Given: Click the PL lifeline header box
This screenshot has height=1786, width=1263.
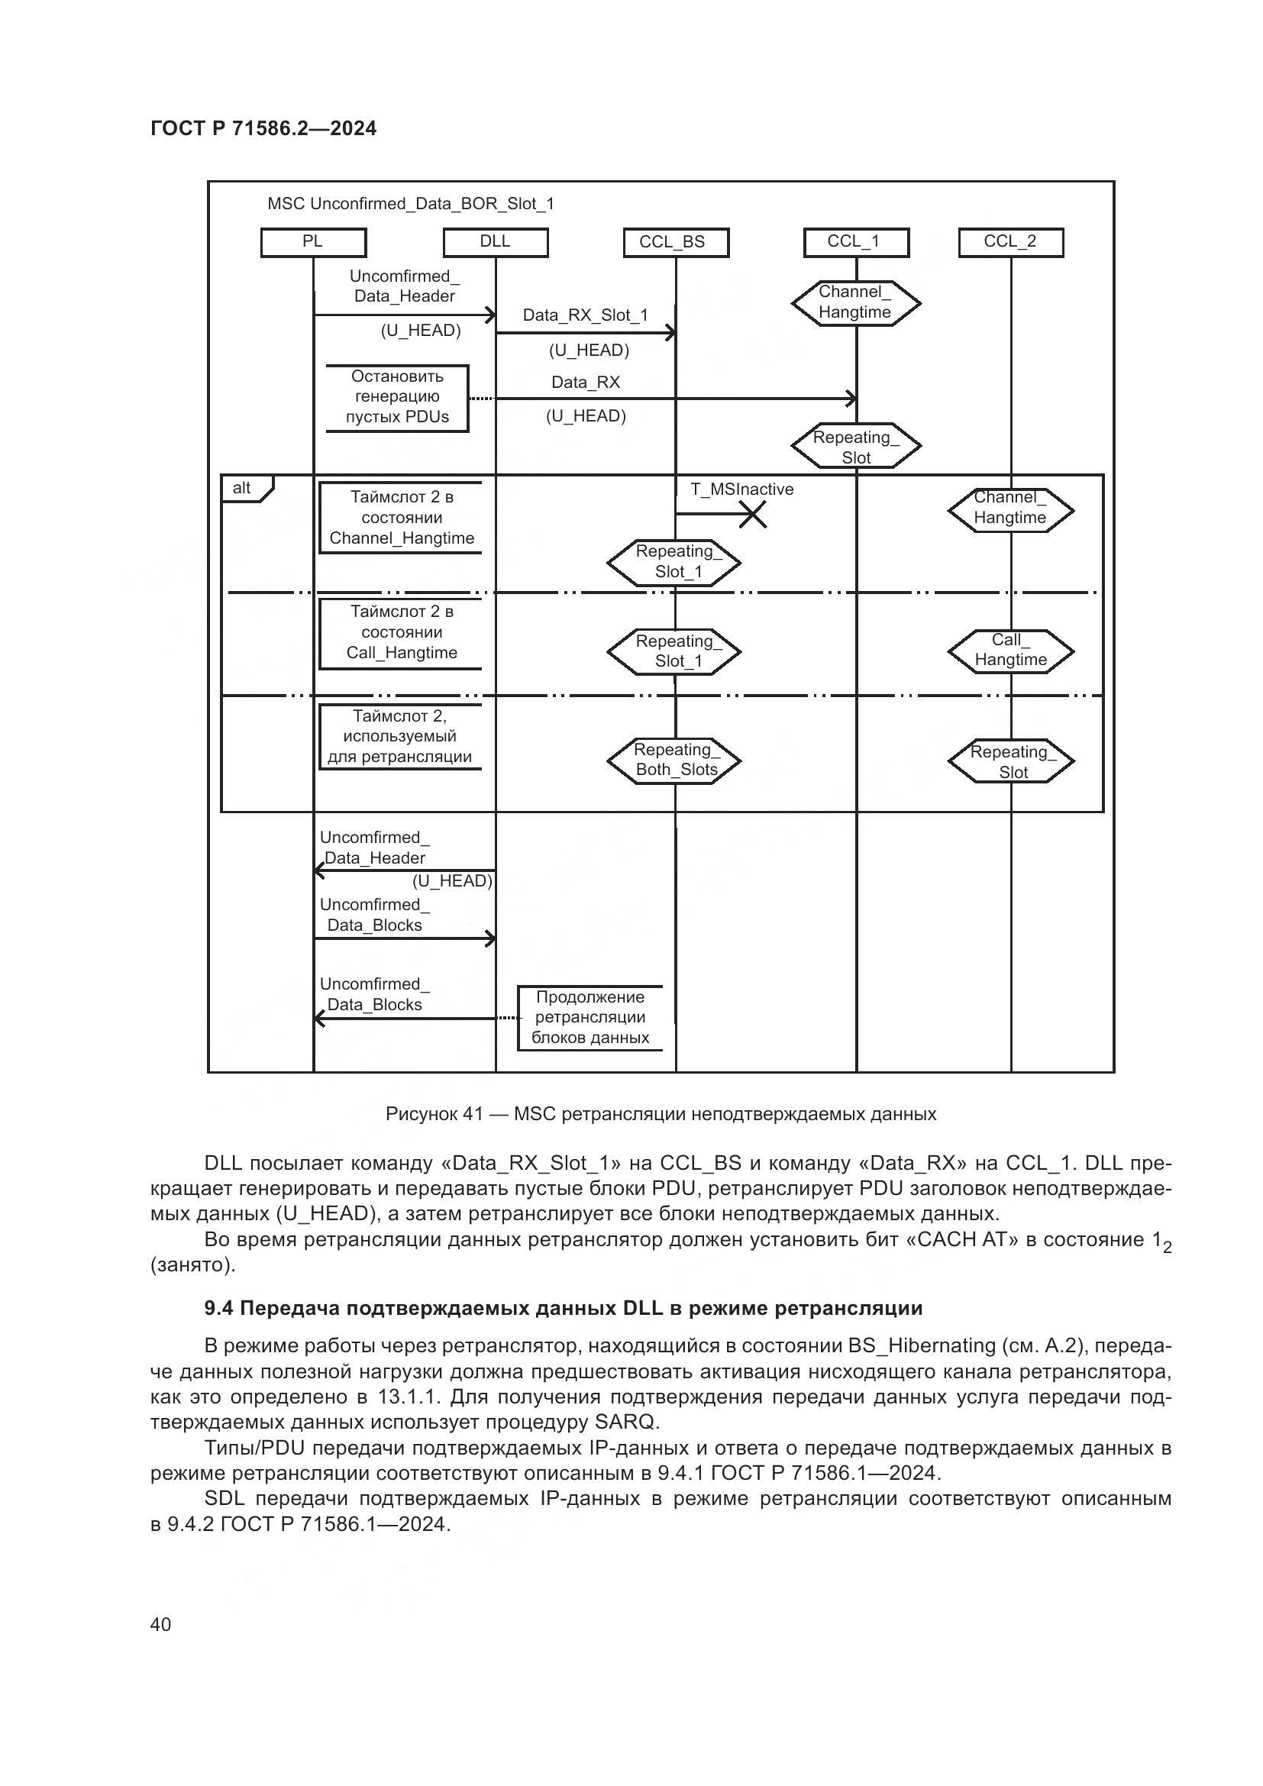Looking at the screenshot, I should (x=312, y=242).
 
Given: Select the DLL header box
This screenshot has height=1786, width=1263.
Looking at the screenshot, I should (x=496, y=242).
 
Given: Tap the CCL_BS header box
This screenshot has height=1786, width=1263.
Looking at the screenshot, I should (x=676, y=242).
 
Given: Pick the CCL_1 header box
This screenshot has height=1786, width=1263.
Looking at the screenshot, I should (x=855, y=242).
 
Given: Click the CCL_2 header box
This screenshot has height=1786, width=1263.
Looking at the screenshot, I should (x=1010, y=242).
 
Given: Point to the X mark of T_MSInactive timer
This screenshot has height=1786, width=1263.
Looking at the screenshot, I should (x=752, y=514).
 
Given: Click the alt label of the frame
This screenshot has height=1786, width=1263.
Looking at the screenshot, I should (x=242, y=489).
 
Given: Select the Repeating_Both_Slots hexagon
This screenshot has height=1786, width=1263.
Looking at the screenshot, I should (x=674, y=760).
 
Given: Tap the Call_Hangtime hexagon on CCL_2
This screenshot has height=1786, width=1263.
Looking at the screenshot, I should (x=1010, y=651).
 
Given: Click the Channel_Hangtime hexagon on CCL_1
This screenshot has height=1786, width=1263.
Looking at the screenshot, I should (x=855, y=302).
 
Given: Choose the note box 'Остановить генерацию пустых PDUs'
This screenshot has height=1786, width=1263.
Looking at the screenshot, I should (x=397, y=398).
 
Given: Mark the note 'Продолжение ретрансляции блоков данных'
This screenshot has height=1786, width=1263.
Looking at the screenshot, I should (x=590, y=1017).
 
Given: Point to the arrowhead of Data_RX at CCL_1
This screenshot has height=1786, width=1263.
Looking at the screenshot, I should (x=852, y=399).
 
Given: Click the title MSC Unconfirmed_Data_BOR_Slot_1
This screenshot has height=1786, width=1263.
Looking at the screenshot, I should (x=411, y=204).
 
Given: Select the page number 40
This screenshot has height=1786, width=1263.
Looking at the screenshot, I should (x=160, y=1624).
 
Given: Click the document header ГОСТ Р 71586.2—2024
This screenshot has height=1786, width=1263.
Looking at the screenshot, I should (x=263, y=128).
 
